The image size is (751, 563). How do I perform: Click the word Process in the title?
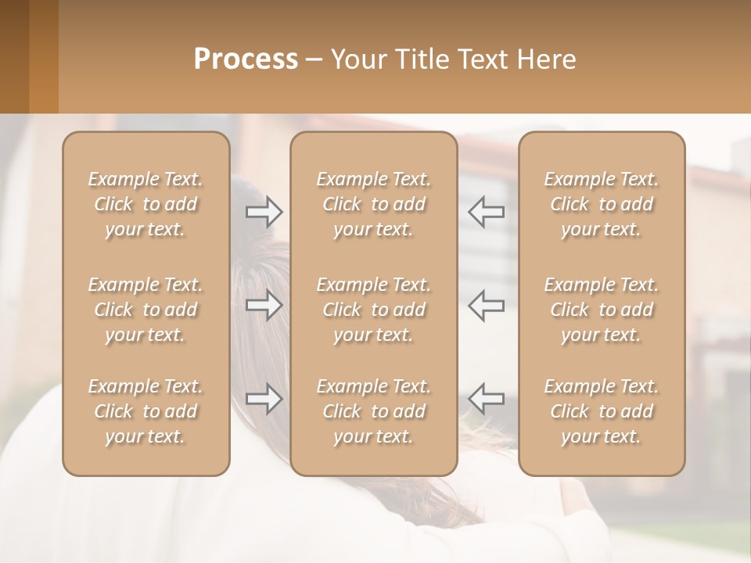pyautogui.click(x=246, y=59)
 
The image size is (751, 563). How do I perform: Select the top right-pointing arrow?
pyautogui.click(x=264, y=211)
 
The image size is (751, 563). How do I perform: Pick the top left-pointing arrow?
pyautogui.click(x=486, y=211)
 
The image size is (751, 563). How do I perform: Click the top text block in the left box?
pyautogui.click(x=146, y=204)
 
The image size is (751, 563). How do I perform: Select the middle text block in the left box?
pyautogui.click(x=146, y=310)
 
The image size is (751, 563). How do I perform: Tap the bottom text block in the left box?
pyautogui.click(x=146, y=411)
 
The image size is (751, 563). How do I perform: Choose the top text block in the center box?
pyautogui.click(x=373, y=204)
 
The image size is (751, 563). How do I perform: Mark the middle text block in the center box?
pyautogui.click(x=373, y=310)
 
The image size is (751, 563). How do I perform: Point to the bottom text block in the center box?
pyautogui.click(x=373, y=411)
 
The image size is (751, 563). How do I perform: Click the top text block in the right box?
pyautogui.click(x=602, y=204)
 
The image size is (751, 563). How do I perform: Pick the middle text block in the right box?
pyautogui.click(x=602, y=310)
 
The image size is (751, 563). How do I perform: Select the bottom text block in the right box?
pyautogui.click(x=602, y=411)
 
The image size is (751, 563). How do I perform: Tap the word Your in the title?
pyautogui.click(x=356, y=59)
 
